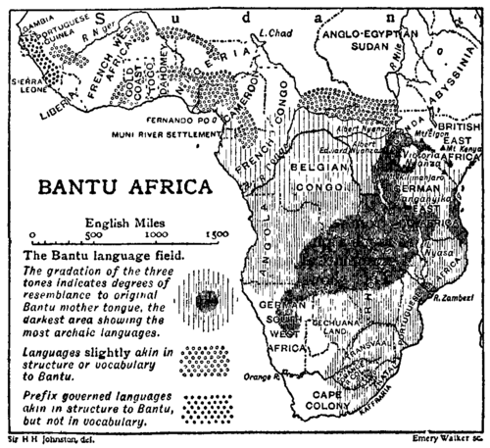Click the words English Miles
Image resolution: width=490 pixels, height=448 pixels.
pyautogui.click(x=123, y=222)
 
